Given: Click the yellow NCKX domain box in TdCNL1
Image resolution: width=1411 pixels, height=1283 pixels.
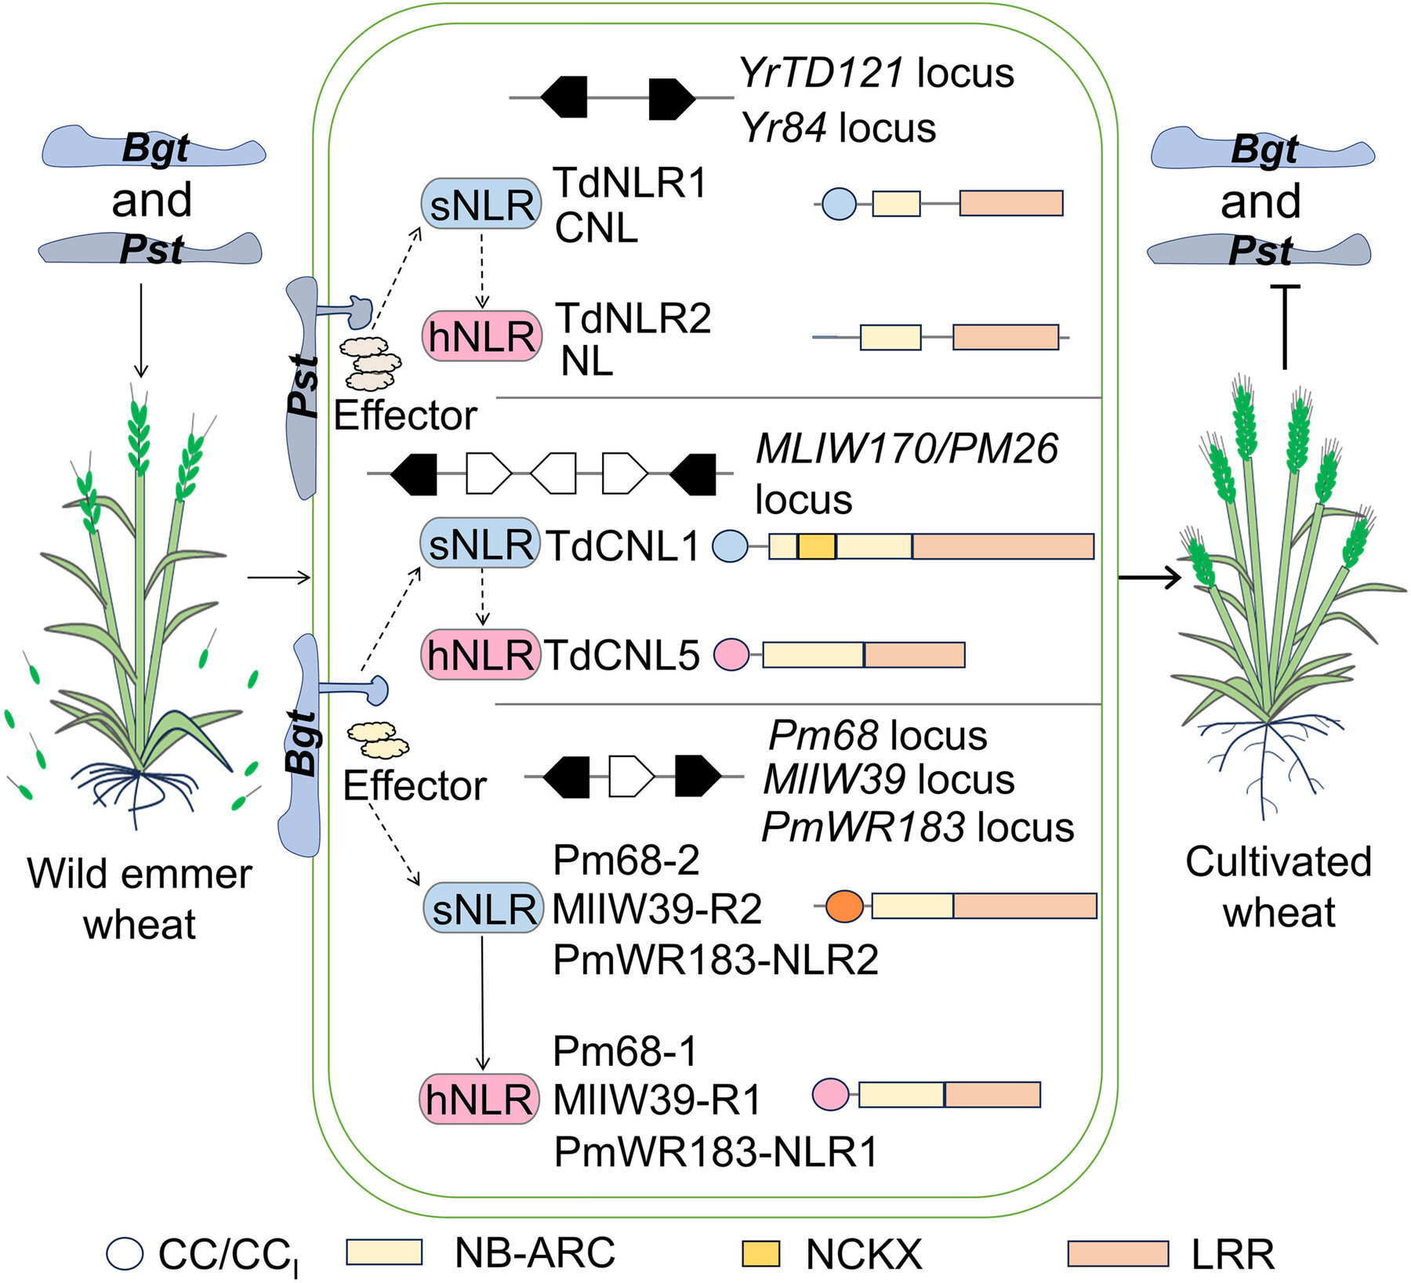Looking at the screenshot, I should point(816,546).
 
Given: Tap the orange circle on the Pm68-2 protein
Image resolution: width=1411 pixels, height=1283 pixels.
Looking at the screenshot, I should point(844,905).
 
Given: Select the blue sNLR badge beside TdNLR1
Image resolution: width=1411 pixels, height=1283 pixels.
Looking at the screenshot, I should point(481,205).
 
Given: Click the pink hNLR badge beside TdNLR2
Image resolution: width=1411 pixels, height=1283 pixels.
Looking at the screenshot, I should point(481,336).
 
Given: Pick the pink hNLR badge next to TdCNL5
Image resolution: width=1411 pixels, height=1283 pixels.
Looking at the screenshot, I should point(480,654).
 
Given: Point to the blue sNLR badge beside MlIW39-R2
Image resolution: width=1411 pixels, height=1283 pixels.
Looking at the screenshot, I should point(483,908).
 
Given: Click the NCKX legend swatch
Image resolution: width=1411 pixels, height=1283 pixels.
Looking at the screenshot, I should point(760,1253).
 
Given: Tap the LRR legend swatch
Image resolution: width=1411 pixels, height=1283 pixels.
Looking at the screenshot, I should point(1118,1253).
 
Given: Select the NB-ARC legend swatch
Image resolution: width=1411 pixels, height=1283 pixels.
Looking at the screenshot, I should point(384,1252).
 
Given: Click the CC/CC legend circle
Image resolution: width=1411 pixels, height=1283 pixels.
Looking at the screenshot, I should point(125,1253).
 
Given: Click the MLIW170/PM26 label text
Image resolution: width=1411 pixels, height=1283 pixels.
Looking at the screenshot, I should point(906,449).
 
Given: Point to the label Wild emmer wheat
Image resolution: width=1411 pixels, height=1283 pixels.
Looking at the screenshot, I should point(140,898).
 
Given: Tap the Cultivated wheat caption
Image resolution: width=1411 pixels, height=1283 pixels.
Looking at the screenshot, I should point(1279,886).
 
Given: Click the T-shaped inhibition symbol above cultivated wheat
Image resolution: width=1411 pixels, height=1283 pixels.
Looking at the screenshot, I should point(1285,325).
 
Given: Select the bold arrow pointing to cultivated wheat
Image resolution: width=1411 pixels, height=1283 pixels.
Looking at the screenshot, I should point(1149,578).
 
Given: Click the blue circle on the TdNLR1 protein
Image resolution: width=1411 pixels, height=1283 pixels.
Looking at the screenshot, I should point(839,203).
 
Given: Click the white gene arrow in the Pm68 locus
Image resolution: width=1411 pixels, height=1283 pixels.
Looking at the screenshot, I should point(631,777).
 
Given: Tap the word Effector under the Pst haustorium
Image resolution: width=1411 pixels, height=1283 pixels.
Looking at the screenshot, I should point(405,415).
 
